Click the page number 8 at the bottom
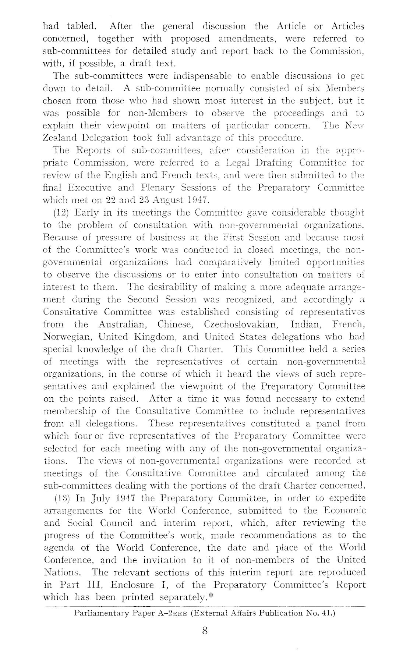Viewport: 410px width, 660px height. (x=205, y=631)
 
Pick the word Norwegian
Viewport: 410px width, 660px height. (x=63, y=337)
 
